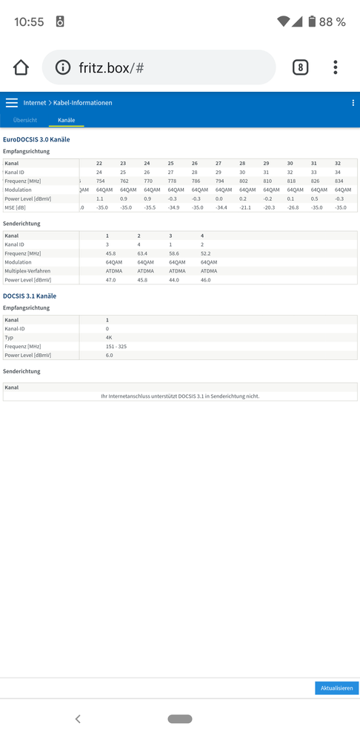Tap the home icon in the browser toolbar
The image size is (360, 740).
click(x=21, y=67)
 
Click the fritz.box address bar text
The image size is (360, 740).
click(x=111, y=68)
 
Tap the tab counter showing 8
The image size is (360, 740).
click(x=300, y=67)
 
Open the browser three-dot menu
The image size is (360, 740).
click(x=336, y=67)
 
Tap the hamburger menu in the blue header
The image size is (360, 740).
click(x=12, y=103)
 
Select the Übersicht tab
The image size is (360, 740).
click(x=25, y=120)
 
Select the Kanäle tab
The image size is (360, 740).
click(x=67, y=120)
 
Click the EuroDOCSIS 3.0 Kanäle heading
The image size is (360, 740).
click(x=36, y=139)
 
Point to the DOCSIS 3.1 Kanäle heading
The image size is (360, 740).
click(x=30, y=296)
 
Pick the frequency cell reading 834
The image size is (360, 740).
click(x=339, y=181)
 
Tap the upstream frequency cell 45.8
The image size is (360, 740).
click(x=110, y=253)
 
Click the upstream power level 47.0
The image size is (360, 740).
click(x=110, y=280)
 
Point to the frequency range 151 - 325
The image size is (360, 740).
click(x=116, y=346)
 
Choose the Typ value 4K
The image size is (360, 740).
click(x=109, y=337)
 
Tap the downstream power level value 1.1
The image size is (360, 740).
click(x=100, y=199)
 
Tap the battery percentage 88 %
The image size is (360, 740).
click(x=332, y=22)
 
